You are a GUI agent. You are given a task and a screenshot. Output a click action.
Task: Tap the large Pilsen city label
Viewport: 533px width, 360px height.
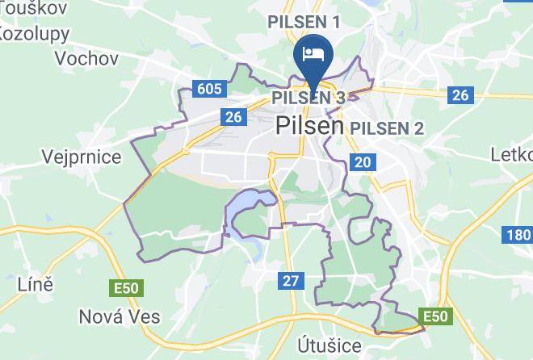310,126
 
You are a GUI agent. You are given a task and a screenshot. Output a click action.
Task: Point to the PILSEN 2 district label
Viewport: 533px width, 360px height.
387,128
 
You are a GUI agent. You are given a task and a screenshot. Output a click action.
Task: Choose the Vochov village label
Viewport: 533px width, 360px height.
86,58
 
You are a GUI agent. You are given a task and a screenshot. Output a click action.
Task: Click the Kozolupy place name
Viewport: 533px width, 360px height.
34,34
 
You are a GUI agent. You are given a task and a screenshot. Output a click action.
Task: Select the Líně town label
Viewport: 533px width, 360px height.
35,284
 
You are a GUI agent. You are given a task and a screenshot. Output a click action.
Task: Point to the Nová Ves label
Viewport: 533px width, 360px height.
120,316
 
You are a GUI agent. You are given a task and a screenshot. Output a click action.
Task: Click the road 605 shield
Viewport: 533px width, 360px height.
208,88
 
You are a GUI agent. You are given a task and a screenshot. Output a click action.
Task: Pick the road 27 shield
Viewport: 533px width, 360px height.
292,281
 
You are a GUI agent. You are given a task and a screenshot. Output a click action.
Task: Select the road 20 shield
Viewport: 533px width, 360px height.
363,162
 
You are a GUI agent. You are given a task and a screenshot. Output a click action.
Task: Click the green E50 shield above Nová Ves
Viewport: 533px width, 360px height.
126,287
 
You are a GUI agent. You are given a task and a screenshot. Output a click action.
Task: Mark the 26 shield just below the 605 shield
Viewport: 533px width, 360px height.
233,117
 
